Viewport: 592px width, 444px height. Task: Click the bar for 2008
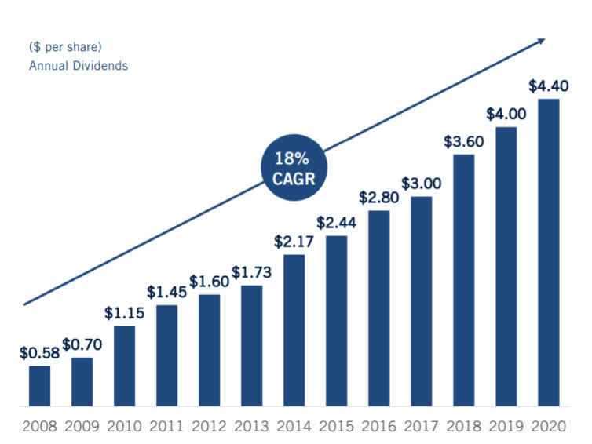point(39,386)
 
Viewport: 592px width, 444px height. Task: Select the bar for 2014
point(294,330)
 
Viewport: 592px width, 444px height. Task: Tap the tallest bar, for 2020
point(548,253)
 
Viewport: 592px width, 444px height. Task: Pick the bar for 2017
point(421,301)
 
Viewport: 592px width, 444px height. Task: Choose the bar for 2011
point(166,355)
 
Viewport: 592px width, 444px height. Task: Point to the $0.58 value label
point(39,353)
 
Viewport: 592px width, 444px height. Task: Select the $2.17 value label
point(293,242)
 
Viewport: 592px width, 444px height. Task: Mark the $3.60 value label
point(463,142)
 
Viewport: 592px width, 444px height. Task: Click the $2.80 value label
point(378,198)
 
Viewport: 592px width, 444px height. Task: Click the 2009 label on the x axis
point(82,428)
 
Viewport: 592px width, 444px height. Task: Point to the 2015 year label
point(336,428)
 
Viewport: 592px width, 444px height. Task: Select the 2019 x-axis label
point(506,428)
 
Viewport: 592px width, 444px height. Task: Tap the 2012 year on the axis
point(209,428)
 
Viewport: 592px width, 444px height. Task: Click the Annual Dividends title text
point(79,66)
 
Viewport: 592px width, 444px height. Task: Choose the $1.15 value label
point(124,312)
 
